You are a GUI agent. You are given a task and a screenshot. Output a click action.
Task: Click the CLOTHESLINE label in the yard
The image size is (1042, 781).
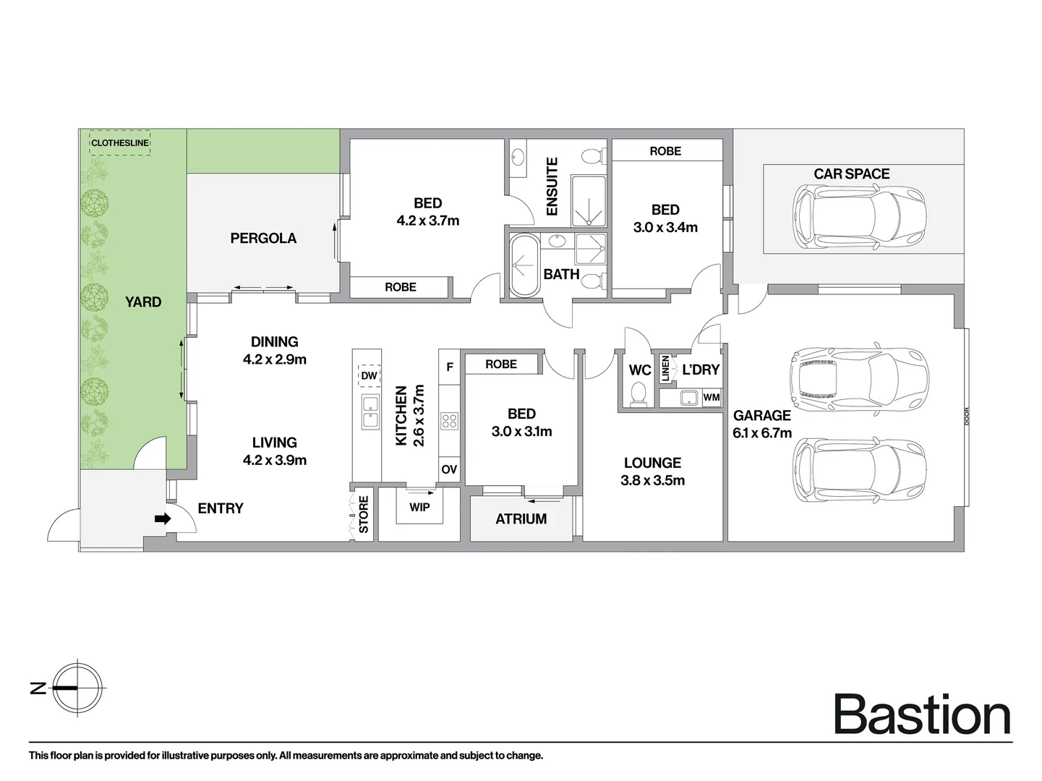pos(120,143)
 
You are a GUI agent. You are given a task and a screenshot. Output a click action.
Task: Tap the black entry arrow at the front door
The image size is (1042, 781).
pos(163,519)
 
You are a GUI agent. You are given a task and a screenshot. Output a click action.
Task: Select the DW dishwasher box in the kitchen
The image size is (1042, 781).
pos(370,375)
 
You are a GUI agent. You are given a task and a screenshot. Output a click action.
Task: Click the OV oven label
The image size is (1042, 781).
pos(449,469)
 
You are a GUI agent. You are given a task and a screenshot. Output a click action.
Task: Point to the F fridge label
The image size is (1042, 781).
pos(450,367)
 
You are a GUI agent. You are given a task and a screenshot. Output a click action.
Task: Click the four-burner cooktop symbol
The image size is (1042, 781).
pos(449,421)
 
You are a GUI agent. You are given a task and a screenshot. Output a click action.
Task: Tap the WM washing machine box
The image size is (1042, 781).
pos(711,398)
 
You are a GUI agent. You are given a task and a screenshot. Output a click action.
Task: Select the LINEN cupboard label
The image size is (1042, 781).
pos(665,369)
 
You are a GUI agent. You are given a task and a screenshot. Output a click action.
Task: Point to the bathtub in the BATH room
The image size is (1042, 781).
pos(524,265)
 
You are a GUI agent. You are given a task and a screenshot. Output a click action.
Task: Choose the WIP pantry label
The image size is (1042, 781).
pos(419,508)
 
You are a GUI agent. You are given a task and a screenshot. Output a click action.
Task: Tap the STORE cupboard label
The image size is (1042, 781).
pos(364,514)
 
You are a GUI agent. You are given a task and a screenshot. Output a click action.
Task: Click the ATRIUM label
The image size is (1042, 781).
pos(521,519)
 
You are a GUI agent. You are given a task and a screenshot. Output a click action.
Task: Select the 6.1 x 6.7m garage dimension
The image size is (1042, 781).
pos(762,433)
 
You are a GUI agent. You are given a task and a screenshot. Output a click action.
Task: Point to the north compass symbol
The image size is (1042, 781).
pos(77,688)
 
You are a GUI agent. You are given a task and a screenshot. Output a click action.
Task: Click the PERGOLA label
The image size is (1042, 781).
pos(263,238)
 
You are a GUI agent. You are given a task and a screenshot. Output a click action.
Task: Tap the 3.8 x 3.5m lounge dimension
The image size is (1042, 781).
pos(653,480)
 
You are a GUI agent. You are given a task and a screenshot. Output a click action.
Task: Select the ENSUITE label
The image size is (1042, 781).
pos(552,187)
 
